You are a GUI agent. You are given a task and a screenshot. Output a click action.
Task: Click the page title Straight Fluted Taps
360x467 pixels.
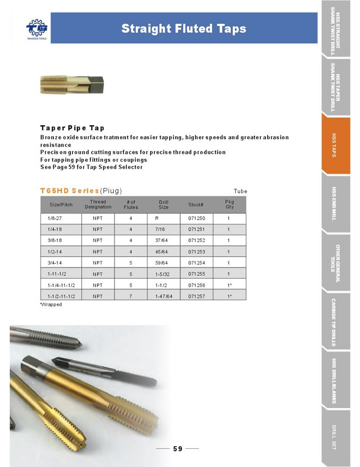pos(184,29)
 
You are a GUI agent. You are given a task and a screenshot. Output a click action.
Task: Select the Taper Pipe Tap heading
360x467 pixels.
pos(72,128)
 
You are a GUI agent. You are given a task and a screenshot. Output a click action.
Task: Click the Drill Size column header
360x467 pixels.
pos(164,205)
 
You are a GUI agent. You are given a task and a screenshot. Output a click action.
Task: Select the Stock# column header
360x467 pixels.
pos(196,205)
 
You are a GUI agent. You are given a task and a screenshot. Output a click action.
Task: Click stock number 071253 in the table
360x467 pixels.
pos(196,252)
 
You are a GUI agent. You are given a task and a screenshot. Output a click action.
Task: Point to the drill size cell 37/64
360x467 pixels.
pos(161,241)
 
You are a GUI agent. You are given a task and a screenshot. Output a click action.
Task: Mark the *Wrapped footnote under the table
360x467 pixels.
pos(51,305)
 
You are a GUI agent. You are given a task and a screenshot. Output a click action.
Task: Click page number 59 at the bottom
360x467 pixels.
pos(178,449)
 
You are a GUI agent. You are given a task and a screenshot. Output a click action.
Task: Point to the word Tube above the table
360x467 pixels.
pos(240,191)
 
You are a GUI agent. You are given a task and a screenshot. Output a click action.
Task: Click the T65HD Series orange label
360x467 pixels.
pos(69,191)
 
